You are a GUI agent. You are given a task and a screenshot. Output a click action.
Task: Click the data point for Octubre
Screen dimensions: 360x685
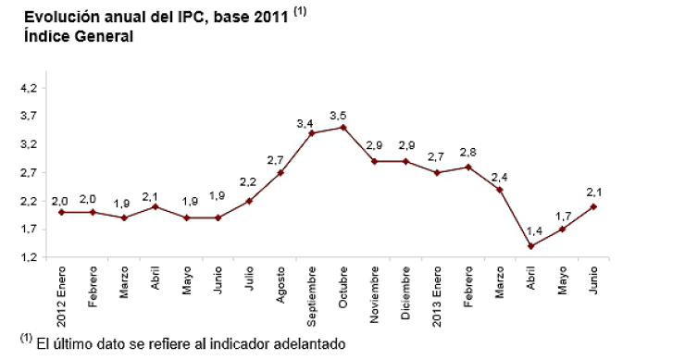click(343, 127)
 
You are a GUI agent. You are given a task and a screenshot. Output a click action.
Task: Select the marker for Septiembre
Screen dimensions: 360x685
click(312, 133)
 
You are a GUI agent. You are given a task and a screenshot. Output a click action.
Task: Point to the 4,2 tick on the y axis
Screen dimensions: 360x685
click(29, 88)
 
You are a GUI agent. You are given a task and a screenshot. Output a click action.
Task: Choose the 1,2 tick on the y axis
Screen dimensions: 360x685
click(29, 257)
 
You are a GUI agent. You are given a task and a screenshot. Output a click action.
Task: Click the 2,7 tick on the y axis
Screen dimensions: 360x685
click(29, 172)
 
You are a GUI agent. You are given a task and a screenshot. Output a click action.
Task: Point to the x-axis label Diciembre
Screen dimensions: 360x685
click(406, 293)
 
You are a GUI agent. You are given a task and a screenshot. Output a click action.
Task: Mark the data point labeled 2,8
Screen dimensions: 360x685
click(469, 167)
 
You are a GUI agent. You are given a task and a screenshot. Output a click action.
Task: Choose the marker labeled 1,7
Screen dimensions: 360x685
click(563, 229)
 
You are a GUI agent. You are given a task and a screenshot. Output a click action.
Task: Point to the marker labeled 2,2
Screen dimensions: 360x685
click(249, 201)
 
